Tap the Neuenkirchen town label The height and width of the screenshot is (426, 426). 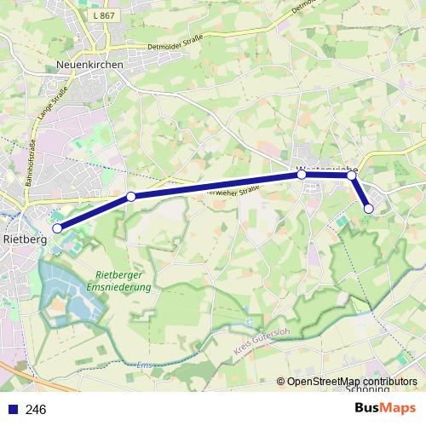[89, 64]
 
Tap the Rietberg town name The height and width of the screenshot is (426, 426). [26, 239]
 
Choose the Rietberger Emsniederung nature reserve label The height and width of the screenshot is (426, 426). [119, 281]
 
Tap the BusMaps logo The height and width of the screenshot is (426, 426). [385, 408]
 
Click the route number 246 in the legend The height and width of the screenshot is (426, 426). [37, 409]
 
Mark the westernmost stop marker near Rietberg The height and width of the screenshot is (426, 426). [57, 228]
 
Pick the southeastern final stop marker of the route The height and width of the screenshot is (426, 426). [369, 208]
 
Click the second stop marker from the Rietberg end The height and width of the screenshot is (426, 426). [131, 197]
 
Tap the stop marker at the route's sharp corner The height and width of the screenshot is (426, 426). [352, 176]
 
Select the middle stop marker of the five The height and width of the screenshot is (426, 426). [302, 175]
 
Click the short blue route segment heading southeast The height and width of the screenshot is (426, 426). [360, 192]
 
